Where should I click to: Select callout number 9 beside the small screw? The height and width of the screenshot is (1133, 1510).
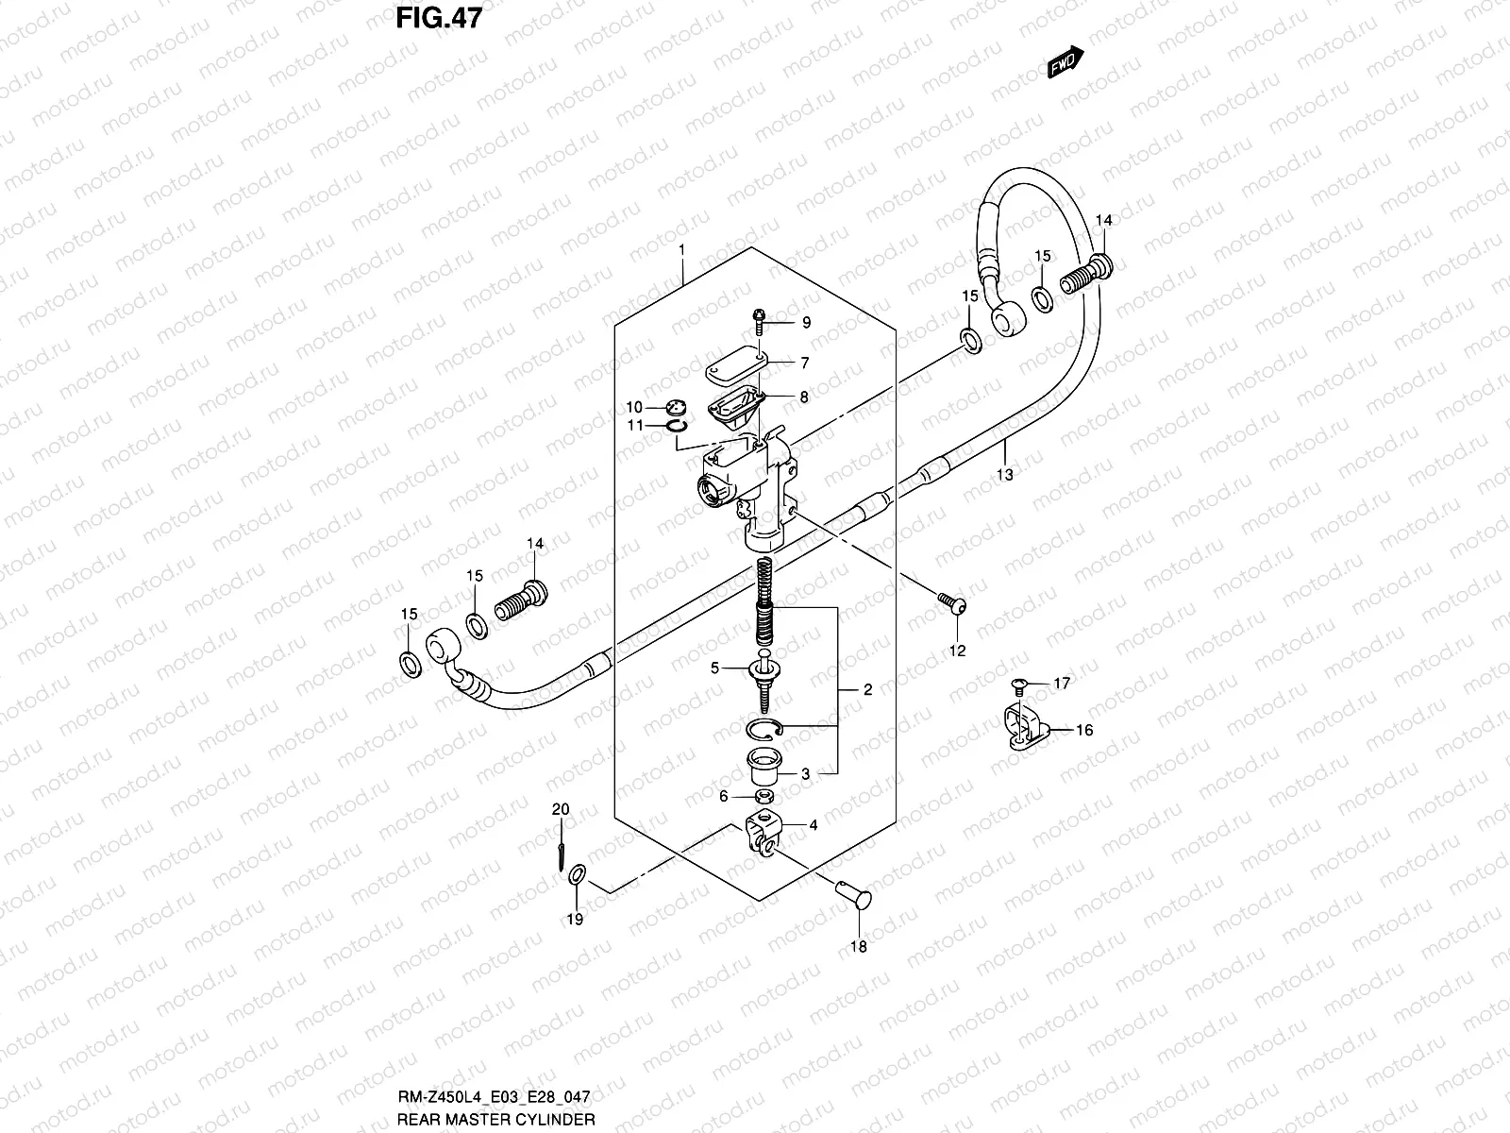tap(806, 323)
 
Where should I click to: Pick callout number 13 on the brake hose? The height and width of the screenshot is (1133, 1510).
tap(1005, 475)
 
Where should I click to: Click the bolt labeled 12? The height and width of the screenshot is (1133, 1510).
tap(951, 601)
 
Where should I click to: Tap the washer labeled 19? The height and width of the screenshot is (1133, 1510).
tap(577, 877)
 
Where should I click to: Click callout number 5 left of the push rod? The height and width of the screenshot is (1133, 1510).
tap(714, 668)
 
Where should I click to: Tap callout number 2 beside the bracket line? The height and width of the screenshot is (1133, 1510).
tap(867, 690)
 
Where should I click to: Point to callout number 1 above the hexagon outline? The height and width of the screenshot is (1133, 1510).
tap(680, 249)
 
